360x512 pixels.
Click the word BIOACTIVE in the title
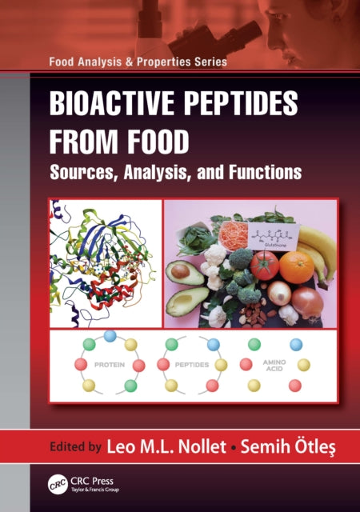coord(111,106)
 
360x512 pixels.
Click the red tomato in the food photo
coord(264,264)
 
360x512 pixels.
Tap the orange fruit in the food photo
coord(297,266)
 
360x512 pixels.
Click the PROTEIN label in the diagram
coord(110,364)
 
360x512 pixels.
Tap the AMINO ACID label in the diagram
coord(274,364)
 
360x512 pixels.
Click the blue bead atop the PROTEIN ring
coord(110,336)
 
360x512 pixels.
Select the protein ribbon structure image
coord(104,262)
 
